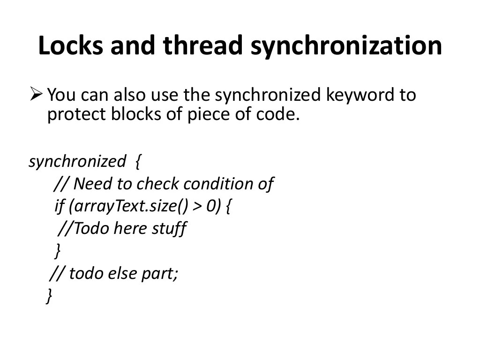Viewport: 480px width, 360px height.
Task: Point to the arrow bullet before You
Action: [x=36, y=95]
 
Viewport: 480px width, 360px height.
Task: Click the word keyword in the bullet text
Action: [x=360, y=96]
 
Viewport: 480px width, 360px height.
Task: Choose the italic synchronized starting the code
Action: [x=77, y=162]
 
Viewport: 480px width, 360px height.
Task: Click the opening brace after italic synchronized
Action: [x=137, y=162]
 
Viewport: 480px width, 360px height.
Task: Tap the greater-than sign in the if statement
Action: [x=198, y=207]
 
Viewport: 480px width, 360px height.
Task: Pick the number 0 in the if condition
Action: [x=211, y=207]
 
